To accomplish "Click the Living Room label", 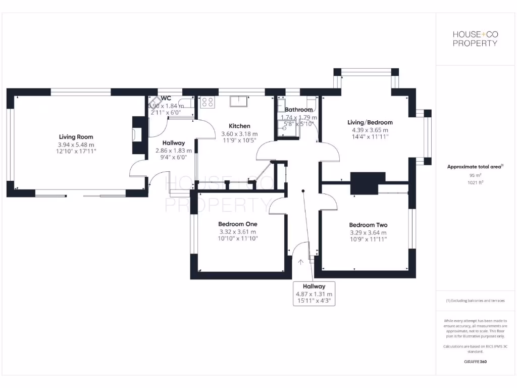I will click(x=76, y=137).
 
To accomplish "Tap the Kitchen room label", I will click(x=239, y=126).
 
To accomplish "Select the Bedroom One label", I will click(x=238, y=224).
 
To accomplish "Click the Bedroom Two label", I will click(x=368, y=225).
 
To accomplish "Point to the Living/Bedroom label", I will click(x=370, y=122).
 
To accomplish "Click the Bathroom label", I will click(x=299, y=109).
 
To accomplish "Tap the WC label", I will click(x=166, y=98).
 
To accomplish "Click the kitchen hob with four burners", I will click(x=207, y=102).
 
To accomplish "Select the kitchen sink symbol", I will click(x=240, y=101).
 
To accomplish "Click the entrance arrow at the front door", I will click(x=301, y=262).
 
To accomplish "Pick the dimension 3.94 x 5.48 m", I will click(x=76, y=144).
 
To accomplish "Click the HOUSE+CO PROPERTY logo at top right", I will click(x=475, y=38).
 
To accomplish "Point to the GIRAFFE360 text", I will click(x=475, y=362).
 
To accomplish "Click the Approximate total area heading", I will click(x=475, y=167).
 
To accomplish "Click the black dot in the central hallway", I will click(x=303, y=191).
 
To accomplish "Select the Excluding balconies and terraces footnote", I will click(x=475, y=301).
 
